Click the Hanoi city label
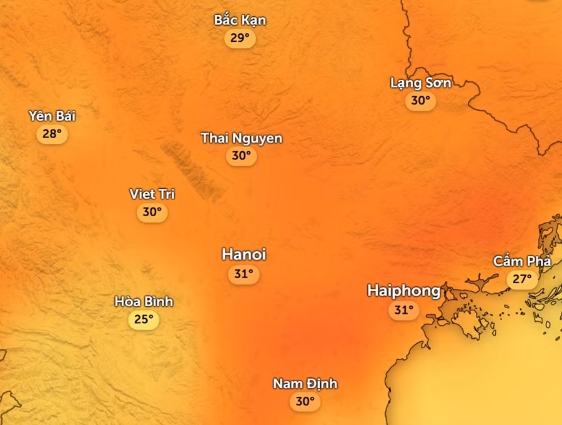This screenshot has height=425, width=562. tap(244, 254)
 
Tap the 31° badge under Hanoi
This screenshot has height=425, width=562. tap(243, 274)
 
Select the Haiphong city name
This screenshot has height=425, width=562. tap(403, 291)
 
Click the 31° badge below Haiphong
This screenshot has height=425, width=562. tap(403, 309)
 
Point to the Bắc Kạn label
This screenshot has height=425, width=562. tap(240, 20)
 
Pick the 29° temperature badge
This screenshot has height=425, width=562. tap(240, 38)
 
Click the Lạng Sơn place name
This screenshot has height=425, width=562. tap(420, 82)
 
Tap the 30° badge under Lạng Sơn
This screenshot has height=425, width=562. tap(420, 101)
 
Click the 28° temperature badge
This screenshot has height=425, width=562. tap(52, 134)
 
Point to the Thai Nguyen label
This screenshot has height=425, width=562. tap(241, 138)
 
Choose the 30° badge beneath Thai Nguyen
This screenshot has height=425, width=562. tap(241, 156)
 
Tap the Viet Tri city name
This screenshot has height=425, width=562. tap(152, 194)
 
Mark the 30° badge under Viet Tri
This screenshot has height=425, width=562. tap(152, 212)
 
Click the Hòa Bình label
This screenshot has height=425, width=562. tap(144, 302)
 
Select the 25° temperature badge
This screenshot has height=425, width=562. tap(144, 320)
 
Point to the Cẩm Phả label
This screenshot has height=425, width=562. tap(522, 261)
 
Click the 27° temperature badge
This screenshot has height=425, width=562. tap(522, 279)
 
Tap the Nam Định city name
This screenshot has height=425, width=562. tap(305, 384)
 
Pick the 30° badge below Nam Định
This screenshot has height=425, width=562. tap(305, 402)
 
